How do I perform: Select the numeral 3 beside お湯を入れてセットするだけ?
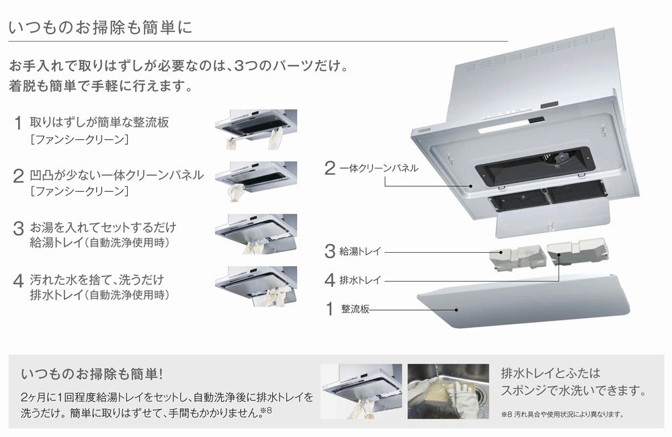point(18,229)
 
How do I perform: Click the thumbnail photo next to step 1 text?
point(255,129)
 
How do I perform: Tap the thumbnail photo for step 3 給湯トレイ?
point(255,233)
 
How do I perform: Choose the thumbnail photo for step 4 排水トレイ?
point(255,286)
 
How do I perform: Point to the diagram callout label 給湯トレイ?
point(362,251)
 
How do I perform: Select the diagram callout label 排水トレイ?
point(362,279)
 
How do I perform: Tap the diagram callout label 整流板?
point(355,309)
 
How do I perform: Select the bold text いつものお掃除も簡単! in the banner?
point(91,373)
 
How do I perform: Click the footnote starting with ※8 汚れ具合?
point(562,414)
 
